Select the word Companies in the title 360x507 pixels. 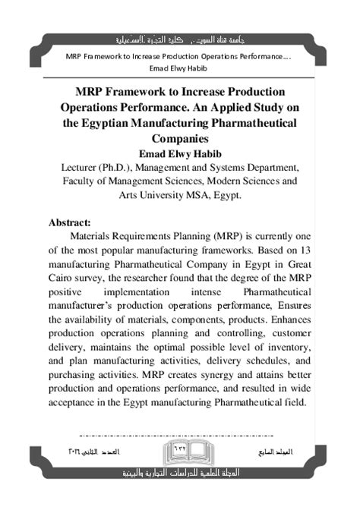tap(180, 139)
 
